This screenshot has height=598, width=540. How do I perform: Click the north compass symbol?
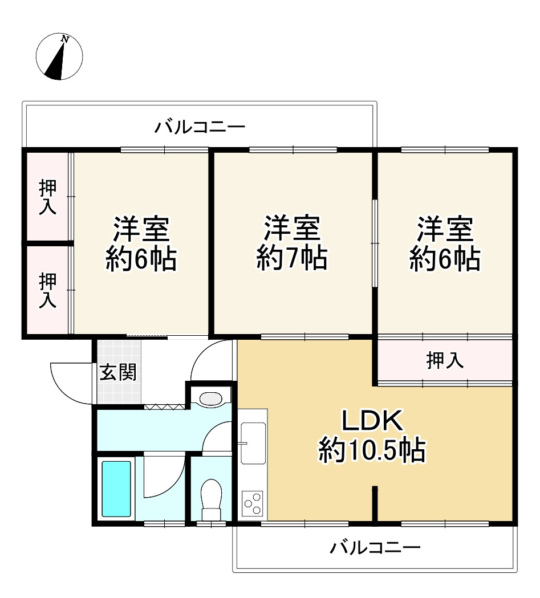59,57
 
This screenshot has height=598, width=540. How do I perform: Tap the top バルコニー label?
200,127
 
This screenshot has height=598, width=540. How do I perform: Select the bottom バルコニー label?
375,548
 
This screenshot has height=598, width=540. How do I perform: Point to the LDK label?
372,422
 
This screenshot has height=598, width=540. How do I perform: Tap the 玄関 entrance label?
118,373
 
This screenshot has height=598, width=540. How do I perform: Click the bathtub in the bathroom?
116,489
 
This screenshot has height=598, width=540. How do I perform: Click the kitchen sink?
253,443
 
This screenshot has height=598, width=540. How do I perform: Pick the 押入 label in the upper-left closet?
47,197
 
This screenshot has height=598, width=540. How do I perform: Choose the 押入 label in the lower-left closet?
47,291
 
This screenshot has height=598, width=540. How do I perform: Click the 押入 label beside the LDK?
445,360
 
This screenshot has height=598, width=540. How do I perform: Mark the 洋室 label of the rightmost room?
445,230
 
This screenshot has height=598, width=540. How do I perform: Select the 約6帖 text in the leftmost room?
140,259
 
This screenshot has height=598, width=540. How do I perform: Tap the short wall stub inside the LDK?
375,503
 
